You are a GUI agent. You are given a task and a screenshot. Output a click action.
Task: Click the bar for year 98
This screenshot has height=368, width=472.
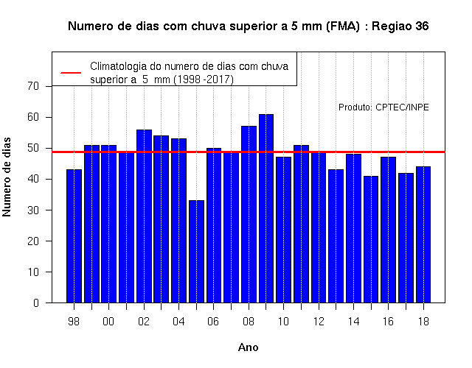[74, 236]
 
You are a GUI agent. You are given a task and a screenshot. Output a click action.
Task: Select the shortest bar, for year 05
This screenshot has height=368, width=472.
[197, 252]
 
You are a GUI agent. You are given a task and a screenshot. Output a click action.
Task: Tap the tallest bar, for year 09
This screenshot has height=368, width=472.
[266, 208]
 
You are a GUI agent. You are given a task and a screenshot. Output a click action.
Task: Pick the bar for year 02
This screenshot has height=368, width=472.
[145, 216]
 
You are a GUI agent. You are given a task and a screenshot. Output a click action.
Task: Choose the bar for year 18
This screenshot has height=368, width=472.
[423, 235]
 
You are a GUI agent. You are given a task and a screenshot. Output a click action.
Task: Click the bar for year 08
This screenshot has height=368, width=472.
[249, 214]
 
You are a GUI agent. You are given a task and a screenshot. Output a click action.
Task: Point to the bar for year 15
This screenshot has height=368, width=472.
[371, 239]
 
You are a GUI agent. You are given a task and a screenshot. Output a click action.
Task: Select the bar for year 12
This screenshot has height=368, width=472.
[319, 227]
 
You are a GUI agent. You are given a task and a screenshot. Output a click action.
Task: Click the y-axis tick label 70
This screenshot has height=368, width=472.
[33, 86]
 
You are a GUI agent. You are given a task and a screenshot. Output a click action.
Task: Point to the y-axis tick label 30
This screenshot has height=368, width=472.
[33, 210]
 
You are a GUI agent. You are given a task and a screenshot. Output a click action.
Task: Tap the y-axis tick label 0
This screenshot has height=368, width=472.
[36, 302]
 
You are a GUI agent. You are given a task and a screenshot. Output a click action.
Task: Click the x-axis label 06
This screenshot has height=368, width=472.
[213, 322]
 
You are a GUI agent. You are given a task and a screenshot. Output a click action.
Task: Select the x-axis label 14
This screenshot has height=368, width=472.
[353, 322]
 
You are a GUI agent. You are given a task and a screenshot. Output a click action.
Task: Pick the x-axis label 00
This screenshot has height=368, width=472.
[108, 322]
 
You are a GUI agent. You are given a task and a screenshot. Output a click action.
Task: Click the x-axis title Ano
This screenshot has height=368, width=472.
[249, 347]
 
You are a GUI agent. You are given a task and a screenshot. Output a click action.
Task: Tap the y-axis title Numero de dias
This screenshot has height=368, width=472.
[7, 177]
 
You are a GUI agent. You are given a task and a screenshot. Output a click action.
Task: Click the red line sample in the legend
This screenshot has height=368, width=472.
[71, 73]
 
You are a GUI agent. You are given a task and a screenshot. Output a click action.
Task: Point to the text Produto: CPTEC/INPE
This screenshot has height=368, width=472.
[383, 107]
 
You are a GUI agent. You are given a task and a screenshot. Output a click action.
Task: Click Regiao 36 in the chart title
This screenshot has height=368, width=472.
[400, 26]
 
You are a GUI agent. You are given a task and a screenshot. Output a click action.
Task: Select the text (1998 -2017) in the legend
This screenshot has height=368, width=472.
[204, 79]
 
